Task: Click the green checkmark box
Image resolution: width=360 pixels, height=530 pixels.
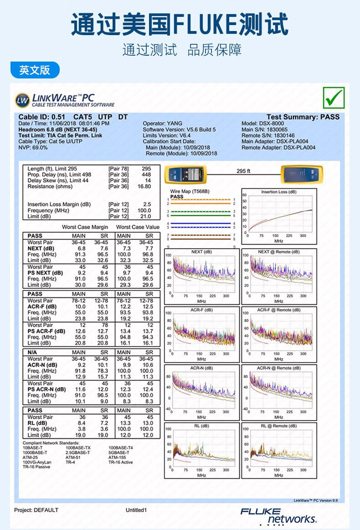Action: click(x=334, y=98)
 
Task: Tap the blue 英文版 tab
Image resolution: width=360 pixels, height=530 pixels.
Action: click(x=34, y=70)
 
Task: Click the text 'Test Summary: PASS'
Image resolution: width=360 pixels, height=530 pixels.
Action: click(x=303, y=117)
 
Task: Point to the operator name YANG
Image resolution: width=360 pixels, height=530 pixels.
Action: click(x=175, y=124)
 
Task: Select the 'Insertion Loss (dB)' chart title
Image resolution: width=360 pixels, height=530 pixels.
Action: click(x=279, y=192)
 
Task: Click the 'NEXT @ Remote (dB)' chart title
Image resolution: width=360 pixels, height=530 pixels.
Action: click(x=279, y=252)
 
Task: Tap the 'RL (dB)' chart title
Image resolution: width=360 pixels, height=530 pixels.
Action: click(x=201, y=426)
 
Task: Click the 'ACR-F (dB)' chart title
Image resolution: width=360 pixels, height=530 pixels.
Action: click(x=201, y=310)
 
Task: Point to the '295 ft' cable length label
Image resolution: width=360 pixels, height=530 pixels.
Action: click(x=243, y=171)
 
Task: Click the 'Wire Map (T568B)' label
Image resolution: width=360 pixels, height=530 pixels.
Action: click(x=190, y=192)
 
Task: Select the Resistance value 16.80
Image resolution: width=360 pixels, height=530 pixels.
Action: click(x=144, y=187)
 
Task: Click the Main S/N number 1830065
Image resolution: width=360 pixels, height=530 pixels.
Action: click(x=277, y=130)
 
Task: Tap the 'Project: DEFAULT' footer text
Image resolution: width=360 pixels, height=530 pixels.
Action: click(x=36, y=510)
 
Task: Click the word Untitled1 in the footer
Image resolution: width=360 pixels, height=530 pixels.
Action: click(x=136, y=510)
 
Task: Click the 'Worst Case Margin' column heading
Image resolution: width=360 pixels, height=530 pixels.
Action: click(x=85, y=227)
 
